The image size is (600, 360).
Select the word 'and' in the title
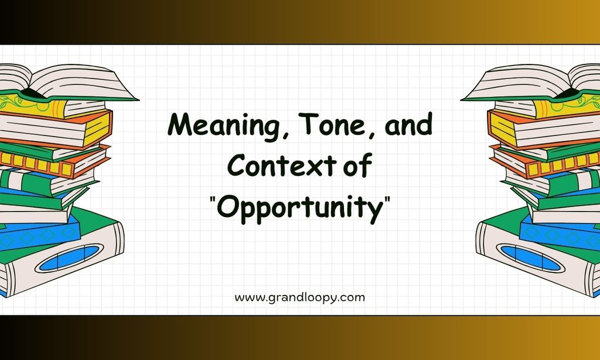coord(408,124)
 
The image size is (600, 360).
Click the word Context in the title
coord(282,165)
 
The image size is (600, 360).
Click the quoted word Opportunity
coord(300,209)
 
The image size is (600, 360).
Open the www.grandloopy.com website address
coord(299,298)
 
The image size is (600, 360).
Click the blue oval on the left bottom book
coord(69,258)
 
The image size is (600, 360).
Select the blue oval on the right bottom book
coord(530,258)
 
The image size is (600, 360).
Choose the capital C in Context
coord(238,165)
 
